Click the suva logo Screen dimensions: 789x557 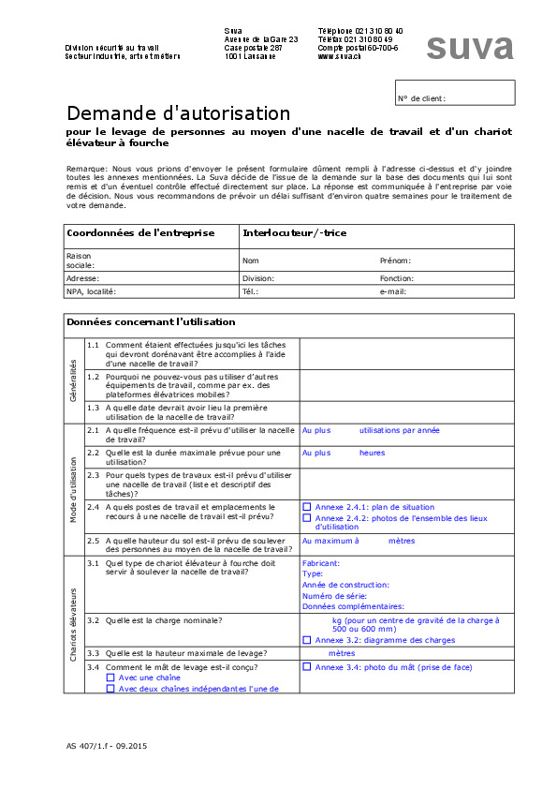(x=469, y=47)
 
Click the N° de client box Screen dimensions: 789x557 (x=455, y=92)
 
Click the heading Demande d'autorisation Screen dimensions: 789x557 (x=178, y=113)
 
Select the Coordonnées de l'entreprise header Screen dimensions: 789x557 (x=140, y=233)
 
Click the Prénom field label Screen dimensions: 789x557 (x=395, y=261)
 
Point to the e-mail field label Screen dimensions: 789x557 (x=392, y=291)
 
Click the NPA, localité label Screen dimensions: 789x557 (x=91, y=291)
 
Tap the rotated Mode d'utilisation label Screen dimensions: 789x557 (x=75, y=489)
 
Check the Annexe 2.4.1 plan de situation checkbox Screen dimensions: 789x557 (x=307, y=507)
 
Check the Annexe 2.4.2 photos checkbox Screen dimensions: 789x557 (x=307, y=517)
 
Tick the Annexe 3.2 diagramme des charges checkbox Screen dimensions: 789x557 (x=307, y=640)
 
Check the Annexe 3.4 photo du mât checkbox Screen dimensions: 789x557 (x=307, y=667)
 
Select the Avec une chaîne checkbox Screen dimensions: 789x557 (x=110, y=677)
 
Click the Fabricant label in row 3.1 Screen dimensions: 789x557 (x=321, y=563)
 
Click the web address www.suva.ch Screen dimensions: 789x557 (x=339, y=56)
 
